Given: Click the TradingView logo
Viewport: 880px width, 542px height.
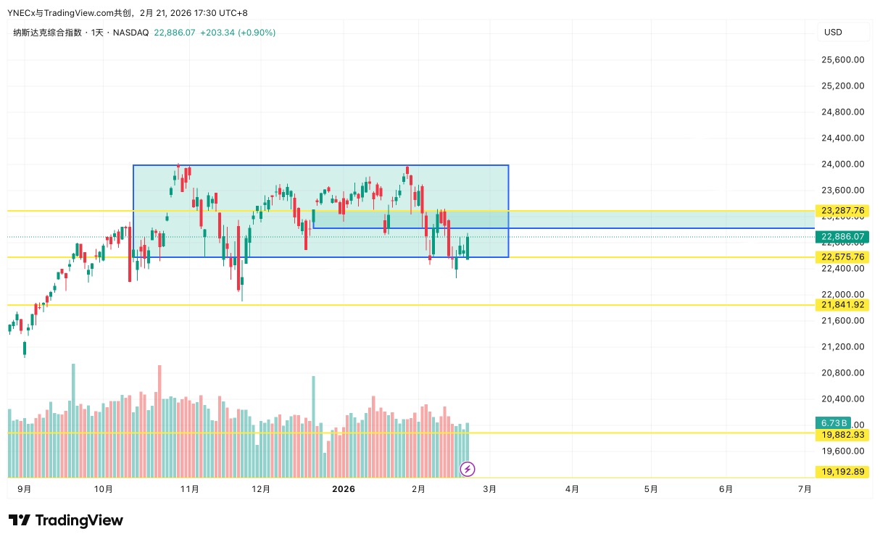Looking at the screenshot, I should [66, 520].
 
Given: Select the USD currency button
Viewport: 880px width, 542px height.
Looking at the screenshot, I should [833, 33].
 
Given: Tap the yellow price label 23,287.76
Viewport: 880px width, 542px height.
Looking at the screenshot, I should [843, 211].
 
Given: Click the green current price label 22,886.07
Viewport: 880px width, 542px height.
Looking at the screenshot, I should [843, 237].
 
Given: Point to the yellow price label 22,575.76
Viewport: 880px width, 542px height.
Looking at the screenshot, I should [843, 257].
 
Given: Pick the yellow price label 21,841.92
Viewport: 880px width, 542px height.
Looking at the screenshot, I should [843, 305].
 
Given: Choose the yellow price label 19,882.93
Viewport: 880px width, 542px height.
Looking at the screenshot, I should [843, 435].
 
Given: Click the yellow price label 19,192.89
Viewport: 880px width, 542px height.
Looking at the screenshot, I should [843, 472].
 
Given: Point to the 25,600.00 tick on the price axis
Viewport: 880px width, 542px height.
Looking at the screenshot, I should [843, 60].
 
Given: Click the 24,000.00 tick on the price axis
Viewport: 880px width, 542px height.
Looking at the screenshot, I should [843, 164].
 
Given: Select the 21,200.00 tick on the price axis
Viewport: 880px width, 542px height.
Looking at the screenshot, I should [843, 347].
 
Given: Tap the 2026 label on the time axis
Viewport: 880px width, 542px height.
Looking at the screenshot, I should [343, 489].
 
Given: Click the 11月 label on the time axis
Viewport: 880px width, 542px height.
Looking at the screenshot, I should [189, 489].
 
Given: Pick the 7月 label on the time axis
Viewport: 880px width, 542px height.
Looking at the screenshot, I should [804, 489].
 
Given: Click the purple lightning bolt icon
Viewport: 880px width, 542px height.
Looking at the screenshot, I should [468, 470].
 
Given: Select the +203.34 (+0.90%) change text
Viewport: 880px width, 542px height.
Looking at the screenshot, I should [237, 33].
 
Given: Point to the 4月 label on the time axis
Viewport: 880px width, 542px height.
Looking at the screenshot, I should [572, 489].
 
